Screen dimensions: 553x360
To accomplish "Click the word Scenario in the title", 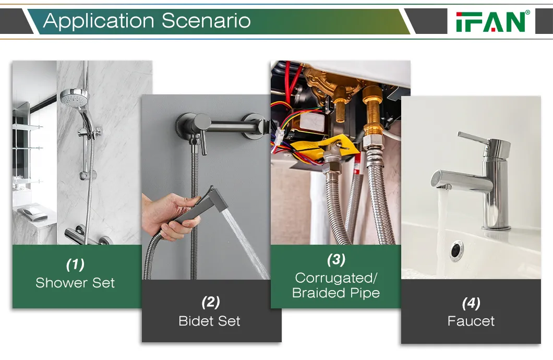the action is click(206, 20).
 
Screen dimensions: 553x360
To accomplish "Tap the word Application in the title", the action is click(99, 21).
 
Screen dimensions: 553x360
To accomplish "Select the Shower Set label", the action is click(75, 283).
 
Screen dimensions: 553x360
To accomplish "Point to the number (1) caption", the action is click(75, 265).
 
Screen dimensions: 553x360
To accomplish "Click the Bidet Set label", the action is click(210, 321).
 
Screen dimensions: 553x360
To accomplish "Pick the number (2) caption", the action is click(211, 303).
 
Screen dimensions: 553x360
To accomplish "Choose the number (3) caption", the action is click(336, 259).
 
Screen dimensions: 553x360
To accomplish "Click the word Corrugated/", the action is click(336, 278).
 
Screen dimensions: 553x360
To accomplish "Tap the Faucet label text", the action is click(471, 321).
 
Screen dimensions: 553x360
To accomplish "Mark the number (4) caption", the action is click(471, 303).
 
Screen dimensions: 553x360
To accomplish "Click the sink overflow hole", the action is click(456, 250).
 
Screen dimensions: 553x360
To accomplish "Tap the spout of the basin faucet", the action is click(461, 181).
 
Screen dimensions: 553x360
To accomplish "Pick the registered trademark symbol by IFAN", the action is click(527, 13).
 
